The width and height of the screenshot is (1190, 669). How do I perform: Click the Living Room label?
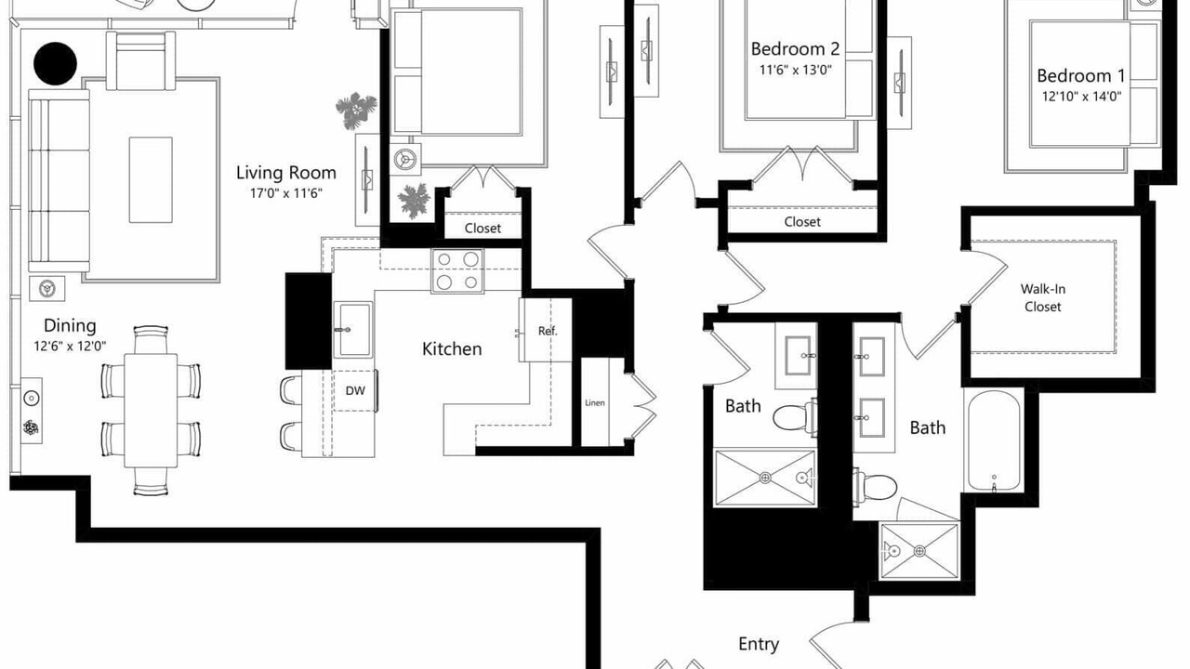(x=285, y=173)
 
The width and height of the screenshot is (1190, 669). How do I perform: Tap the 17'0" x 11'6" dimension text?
(x=286, y=193)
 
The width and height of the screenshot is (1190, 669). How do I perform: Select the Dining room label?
(x=70, y=326)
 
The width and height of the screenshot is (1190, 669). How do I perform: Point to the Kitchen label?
(x=452, y=349)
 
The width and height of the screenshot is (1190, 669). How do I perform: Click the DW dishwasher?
(x=355, y=391)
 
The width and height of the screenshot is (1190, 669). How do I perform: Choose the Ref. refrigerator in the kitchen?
(x=546, y=330)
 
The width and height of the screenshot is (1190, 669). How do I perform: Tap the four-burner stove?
(x=457, y=270)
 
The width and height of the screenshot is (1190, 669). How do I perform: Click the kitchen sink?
(x=352, y=329)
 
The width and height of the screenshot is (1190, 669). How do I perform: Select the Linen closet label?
(x=594, y=403)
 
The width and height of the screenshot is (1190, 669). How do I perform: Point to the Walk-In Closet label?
(x=1042, y=298)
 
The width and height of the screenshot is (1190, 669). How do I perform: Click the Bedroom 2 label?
(x=795, y=49)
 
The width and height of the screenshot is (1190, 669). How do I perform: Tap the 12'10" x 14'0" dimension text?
(x=1081, y=97)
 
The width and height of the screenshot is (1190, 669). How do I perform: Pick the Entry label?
(x=758, y=645)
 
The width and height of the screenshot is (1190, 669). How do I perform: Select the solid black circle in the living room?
(x=55, y=63)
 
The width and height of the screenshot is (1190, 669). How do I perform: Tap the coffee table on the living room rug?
(x=151, y=180)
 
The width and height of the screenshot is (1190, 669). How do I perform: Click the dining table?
(x=151, y=411)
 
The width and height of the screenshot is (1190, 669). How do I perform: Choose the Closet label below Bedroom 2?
(x=802, y=222)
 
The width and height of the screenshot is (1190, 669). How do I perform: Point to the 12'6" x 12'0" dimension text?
(x=70, y=347)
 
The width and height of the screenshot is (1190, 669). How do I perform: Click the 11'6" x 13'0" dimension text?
(x=795, y=70)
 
